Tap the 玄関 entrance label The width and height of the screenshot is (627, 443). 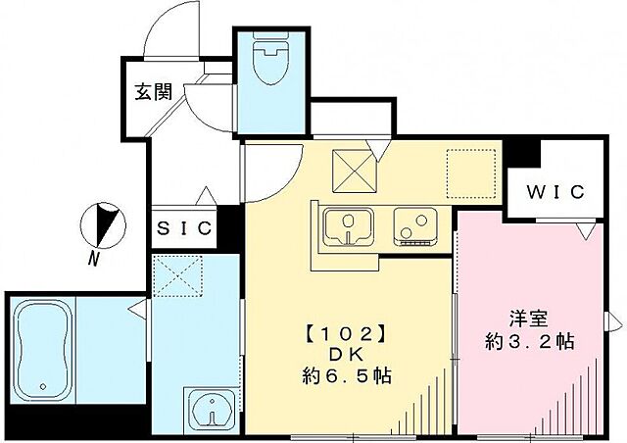154,93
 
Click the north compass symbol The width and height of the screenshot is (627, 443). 104,223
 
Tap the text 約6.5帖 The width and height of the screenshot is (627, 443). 345,375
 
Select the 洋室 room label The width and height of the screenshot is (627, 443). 528,319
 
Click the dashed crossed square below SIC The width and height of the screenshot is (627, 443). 177,277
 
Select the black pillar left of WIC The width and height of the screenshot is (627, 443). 530,154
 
